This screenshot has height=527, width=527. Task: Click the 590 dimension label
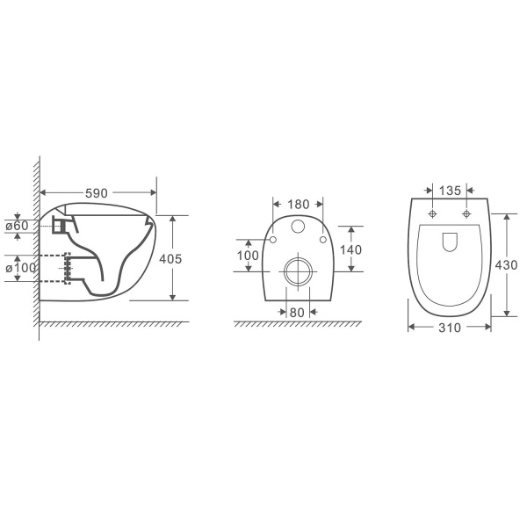97,193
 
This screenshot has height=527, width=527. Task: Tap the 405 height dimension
170,259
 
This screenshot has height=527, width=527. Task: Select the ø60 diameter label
18,226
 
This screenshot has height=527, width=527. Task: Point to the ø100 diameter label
20,268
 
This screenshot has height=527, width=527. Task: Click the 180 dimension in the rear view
299,205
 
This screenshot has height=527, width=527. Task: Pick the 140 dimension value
350,250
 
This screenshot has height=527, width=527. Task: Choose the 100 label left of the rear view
248,256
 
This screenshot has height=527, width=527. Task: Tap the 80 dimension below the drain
297,313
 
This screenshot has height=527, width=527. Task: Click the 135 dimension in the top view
450,191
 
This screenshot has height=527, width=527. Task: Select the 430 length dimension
506,265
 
